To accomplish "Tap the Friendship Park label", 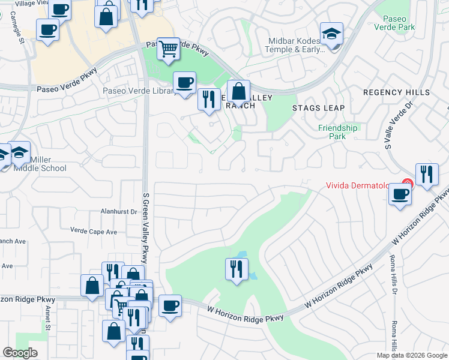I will tap(338, 132).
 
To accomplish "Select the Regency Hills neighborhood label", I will tap(396, 92).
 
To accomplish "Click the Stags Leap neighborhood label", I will tap(318, 108).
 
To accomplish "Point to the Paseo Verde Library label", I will tap(139, 91).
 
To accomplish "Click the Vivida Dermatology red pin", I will tap(408, 184).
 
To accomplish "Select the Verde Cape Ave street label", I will tap(94, 230).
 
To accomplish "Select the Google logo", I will tap(20, 353).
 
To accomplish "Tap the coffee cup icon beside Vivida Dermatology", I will tap(400, 194).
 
